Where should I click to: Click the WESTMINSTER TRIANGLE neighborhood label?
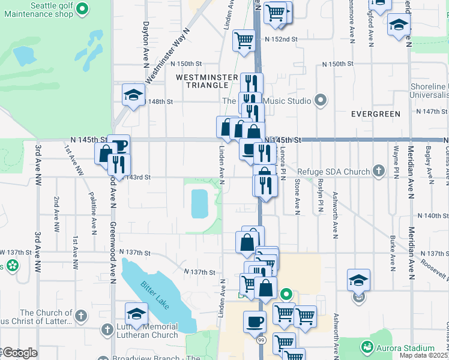(203, 82)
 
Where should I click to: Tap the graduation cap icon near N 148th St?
(133, 95)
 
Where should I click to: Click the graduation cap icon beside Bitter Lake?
(136, 314)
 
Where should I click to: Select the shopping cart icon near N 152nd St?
(244, 41)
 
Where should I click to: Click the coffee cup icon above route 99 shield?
(254, 321)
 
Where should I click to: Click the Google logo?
(20, 353)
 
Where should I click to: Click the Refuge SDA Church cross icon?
(378, 172)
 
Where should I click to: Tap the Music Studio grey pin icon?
(320, 101)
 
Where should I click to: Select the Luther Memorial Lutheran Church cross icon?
(107, 330)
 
